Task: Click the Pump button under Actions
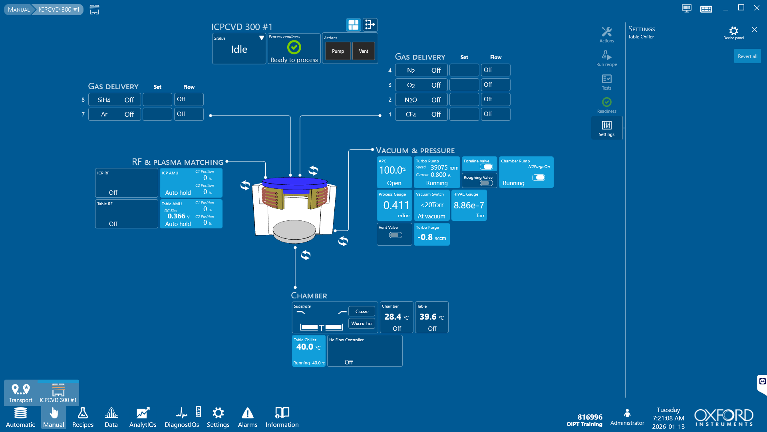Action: pyautogui.click(x=338, y=51)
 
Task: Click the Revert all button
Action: pyautogui.click(x=747, y=56)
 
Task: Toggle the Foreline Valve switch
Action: pyautogui.click(x=486, y=167)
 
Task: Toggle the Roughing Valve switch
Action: pyautogui.click(x=486, y=183)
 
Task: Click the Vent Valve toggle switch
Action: pyautogui.click(x=395, y=235)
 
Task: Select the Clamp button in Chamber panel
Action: pyautogui.click(x=362, y=312)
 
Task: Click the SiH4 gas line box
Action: pyautogui.click(x=114, y=100)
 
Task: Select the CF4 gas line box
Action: pyautogui.click(x=421, y=114)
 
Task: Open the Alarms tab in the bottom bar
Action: pyautogui.click(x=247, y=417)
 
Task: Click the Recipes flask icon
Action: pyautogui.click(x=83, y=413)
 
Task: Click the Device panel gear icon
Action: pyautogui.click(x=733, y=31)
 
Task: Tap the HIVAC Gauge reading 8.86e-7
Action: pyautogui.click(x=469, y=205)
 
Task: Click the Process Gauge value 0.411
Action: pyautogui.click(x=396, y=205)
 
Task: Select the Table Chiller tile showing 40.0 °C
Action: pyautogui.click(x=308, y=350)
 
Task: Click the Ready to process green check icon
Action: pyautogui.click(x=294, y=48)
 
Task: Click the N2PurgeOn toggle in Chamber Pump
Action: pyautogui.click(x=538, y=178)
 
